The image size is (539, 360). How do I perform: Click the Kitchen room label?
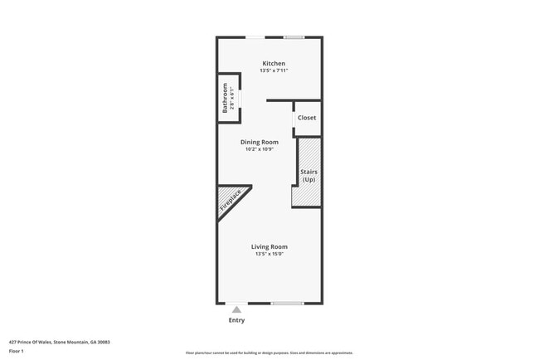tap(274, 64)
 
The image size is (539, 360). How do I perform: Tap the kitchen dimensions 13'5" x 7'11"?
tap(274, 71)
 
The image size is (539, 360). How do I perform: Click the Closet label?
tap(307, 118)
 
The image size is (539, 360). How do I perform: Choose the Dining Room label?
tap(260, 142)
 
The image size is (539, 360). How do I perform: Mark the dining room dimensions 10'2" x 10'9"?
tap(260, 149)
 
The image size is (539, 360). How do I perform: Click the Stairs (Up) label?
tap(308, 176)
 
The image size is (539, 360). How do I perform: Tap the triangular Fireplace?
tap(230, 201)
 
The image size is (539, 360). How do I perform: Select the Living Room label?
tap(269, 246)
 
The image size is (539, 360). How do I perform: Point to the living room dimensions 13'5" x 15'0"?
tap(269, 254)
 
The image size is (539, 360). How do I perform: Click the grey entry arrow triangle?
tap(236, 309)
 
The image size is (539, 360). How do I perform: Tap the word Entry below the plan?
tap(236, 320)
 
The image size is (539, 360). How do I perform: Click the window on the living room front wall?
tap(288, 303)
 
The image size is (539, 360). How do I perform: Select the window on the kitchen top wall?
tap(294, 37)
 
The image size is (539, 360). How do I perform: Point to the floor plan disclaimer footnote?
tap(269, 353)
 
